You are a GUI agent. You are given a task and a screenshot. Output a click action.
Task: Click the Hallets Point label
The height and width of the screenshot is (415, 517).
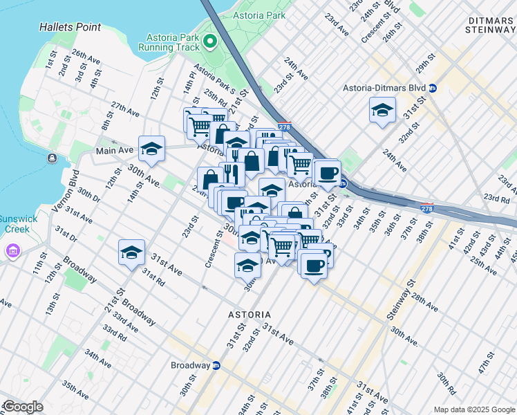70,28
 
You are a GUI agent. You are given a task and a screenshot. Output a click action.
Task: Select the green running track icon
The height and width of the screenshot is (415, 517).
210,46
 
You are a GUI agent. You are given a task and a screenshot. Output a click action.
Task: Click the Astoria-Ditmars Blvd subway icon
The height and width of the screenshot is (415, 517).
433,89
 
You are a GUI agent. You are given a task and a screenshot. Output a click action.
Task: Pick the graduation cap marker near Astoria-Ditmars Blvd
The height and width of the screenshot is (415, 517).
382,110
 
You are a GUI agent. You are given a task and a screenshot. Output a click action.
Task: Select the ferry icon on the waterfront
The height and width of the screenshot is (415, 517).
52,159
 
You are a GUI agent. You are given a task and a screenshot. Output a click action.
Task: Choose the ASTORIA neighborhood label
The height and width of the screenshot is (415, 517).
250,315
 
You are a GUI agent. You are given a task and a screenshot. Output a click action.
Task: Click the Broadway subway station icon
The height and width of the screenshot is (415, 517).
216,365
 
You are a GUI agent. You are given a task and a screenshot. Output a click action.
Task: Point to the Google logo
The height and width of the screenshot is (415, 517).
22,407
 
